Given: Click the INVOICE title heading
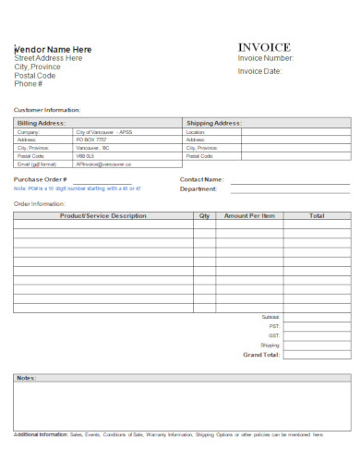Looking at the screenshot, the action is [264, 47].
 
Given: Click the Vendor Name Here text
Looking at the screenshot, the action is [54, 49].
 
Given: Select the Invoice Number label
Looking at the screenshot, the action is [266, 58].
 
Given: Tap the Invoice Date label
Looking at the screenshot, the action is [260, 71].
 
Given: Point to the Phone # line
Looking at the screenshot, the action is [29, 84].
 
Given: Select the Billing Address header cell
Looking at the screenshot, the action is [42, 123].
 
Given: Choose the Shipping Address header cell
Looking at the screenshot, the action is [213, 123].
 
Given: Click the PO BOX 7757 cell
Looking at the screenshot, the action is [91, 140].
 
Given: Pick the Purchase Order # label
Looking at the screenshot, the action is [41, 178].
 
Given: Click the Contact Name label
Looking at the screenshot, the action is [201, 179].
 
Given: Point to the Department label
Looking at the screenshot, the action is [198, 188].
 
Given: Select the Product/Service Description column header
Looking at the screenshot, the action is [102, 215].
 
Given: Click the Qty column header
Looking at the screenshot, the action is [204, 215].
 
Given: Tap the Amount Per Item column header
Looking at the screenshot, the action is [249, 215].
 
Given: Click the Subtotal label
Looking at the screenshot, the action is [270, 317].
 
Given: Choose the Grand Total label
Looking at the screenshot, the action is [260, 354].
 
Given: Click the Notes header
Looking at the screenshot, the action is [26, 378].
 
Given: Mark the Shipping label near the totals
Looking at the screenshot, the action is [270, 345].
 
